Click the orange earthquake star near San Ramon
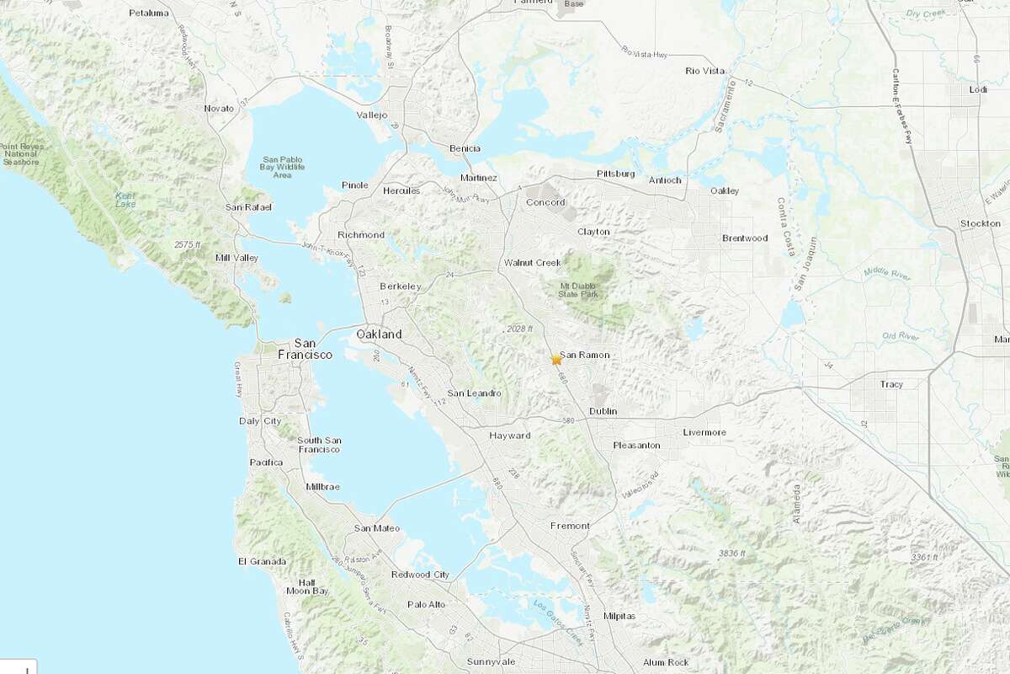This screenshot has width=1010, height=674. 556,360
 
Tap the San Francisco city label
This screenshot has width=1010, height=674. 306,349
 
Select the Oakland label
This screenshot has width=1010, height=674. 379,334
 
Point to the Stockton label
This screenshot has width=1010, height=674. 980,223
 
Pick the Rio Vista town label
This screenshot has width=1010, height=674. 704,71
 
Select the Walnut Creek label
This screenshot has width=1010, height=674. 532,263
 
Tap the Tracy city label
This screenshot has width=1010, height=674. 890,384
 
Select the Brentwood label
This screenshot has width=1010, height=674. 745,238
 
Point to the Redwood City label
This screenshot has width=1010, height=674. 420,575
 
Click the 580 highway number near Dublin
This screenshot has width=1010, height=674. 568,420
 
